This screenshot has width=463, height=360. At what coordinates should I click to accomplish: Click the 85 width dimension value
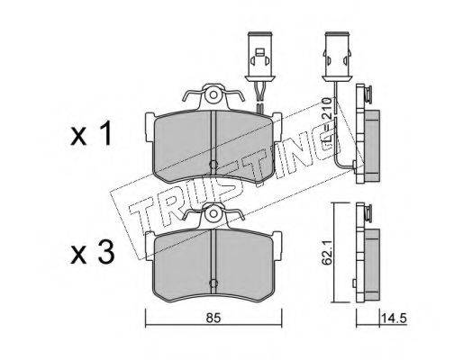213,318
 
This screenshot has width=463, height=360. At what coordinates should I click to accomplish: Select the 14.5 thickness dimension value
394,318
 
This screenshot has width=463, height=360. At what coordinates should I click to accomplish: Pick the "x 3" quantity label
92,252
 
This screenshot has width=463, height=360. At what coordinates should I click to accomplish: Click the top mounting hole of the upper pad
213,95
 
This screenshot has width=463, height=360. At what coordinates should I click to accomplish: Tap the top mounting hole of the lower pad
213,213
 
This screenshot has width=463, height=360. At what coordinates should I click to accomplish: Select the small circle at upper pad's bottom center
213,164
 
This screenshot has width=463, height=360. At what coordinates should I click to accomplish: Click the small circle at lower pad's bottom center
213,283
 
